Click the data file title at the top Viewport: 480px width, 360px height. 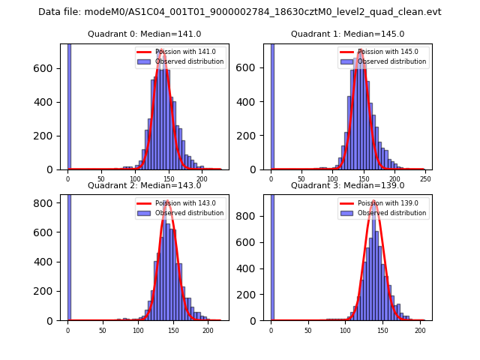pyautogui.click(x=240, y=12)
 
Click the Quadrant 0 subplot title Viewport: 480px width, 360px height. pyautogui.click(x=145, y=34)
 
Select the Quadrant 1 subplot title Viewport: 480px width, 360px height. pyautogui.click(x=347, y=34)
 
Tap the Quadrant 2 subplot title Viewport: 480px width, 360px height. pyautogui.click(x=145, y=185)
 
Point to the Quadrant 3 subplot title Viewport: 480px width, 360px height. pyautogui.click(x=347, y=185)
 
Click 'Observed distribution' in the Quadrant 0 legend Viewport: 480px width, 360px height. pyautogui.click(x=189, y=61)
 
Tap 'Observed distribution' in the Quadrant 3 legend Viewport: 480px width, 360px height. pyautogui.click(x=391, y=213)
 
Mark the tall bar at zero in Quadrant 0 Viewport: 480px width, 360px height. pyautogui.click(x=69, y=105)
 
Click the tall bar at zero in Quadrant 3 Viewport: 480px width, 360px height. pyautogui.click(x=271, y=255)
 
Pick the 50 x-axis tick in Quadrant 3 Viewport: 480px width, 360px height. pyautogui.click(x=308, y=330)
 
